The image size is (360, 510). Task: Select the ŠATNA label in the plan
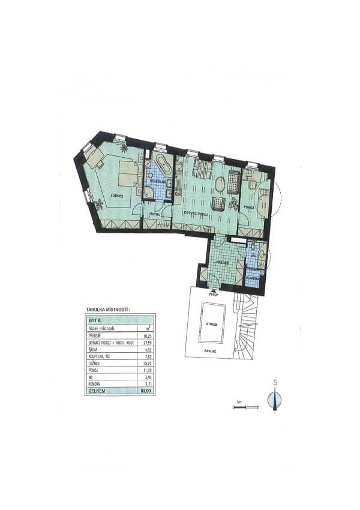[x=154, y=214]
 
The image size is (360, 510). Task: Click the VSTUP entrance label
[x=211, y=294]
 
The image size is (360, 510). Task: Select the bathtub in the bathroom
[x=161, y=163]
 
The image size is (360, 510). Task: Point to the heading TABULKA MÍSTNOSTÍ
[x=107, y=310]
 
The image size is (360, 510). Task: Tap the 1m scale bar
[x=242, y=407]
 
